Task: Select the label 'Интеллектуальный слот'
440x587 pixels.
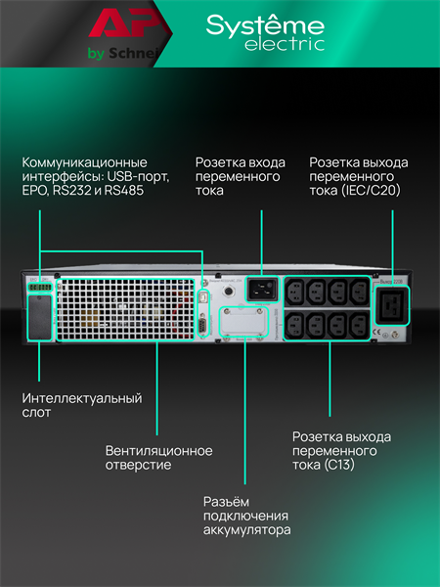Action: (x=82, y=406)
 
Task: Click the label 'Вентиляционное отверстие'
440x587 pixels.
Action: (x=158, y=458)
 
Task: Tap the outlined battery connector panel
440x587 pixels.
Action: (x=242, y=322)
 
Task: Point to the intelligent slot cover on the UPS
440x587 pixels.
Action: (x=38, y=317)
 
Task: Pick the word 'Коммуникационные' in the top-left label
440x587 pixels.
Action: (x=84, y=161)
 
